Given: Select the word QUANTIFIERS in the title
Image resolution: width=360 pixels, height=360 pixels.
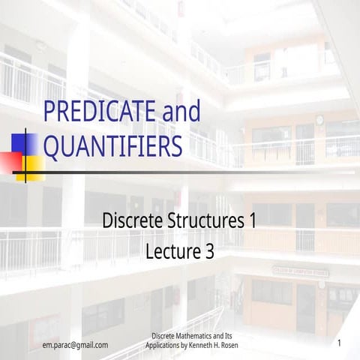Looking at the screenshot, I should point(112,145).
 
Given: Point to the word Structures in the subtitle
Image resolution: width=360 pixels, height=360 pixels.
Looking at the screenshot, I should point(204,222).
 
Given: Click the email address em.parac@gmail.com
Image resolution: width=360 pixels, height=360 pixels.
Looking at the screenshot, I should point(75,345).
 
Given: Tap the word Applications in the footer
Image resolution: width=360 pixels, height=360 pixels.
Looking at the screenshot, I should point(164,346).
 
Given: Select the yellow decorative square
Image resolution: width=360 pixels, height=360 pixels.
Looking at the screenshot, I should point(30,160).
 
